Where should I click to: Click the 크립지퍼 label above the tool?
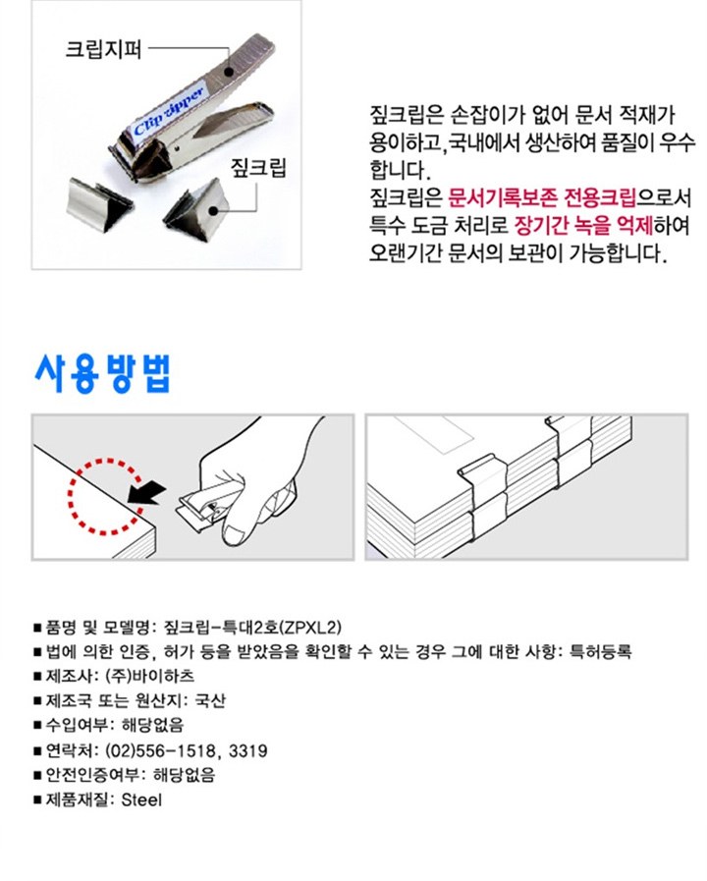(103, 49)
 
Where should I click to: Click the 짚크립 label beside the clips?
(258, 167)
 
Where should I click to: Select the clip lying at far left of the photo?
(99, 202)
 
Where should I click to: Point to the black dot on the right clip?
(213, 211)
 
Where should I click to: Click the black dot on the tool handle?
(228, 72)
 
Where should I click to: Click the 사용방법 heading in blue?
(102, 373)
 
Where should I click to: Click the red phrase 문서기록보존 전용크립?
(542, 197)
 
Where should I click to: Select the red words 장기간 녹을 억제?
(584, 225)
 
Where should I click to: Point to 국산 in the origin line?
(210, 700)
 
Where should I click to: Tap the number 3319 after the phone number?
(248, 750)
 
